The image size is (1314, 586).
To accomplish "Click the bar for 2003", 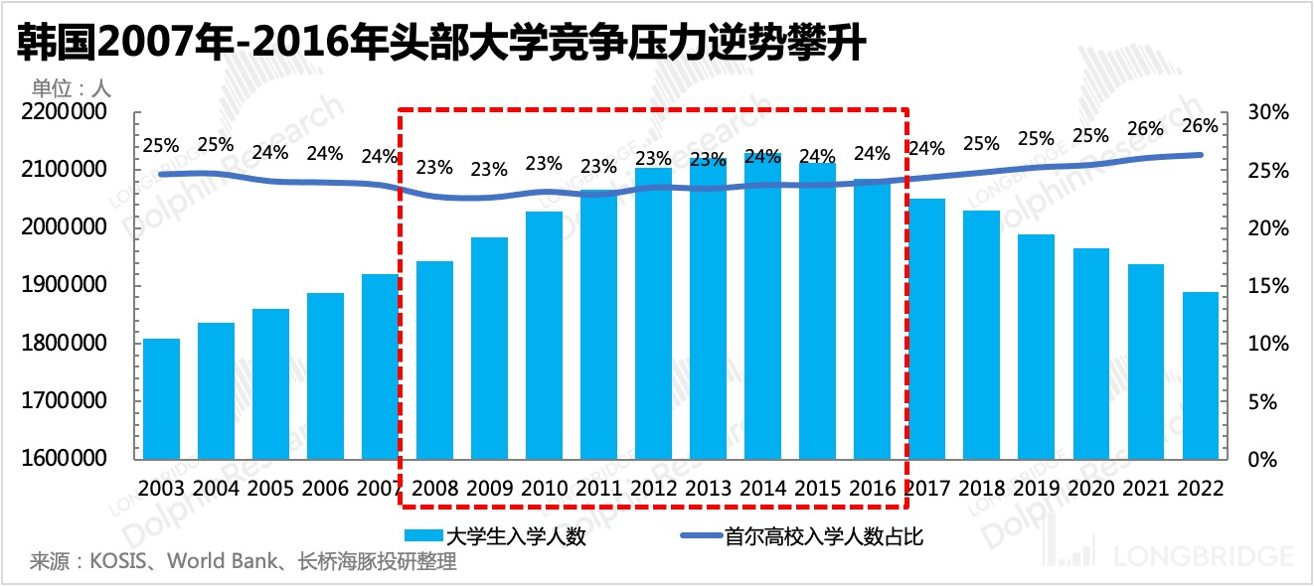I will click(161, 398).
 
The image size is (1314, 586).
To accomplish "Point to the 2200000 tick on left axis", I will click(63, 113).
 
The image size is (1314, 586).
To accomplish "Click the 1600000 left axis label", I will click(63, 460).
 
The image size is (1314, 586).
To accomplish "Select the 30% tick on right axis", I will click(1268, 113).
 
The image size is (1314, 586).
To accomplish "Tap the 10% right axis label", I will click(1268, 345).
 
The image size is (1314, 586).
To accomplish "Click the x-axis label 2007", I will click(380, 489).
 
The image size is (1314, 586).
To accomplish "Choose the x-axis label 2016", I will click(872, 489).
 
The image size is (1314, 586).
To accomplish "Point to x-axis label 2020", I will click(1090, 489).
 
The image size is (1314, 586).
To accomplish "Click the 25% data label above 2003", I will click(161, 147).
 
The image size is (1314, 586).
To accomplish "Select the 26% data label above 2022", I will click(1200, 126).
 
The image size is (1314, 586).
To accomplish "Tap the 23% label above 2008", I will click(434, 168).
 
